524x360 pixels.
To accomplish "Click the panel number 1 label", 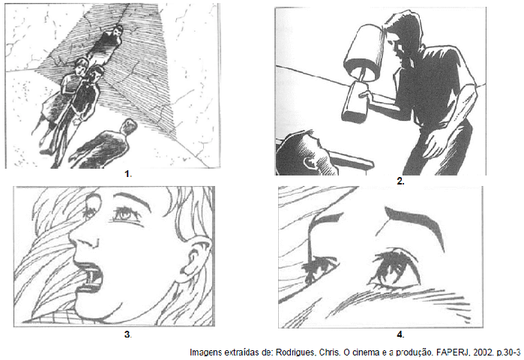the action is [127, 174].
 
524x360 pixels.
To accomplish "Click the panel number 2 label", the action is [400, 181].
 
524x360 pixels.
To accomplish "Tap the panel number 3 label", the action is [127, 334].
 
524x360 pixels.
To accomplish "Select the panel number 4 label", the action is [400, 334].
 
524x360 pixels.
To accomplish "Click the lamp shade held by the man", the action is [366, 53].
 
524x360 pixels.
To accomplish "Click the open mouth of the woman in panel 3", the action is [89, 278].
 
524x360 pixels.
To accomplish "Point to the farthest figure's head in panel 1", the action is [118, 31].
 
